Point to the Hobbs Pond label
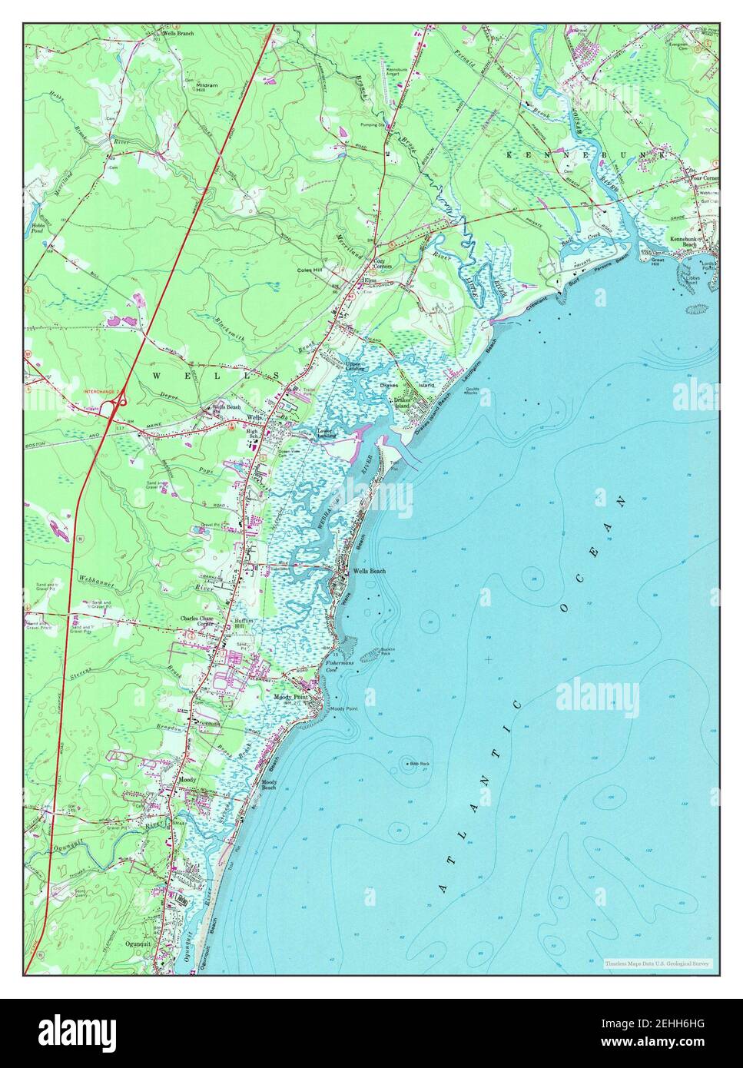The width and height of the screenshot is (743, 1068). pos(36,228)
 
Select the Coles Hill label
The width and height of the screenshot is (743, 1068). pos(312,270)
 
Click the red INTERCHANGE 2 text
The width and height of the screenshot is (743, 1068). pos(101,392)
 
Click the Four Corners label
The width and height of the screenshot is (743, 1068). pos(703,177)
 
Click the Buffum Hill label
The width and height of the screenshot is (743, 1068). pos(243,624)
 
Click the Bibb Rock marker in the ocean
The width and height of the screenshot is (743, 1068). pos(407,764)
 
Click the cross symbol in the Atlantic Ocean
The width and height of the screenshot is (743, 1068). pos(489,658)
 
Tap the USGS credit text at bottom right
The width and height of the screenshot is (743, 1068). pos(658,964)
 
